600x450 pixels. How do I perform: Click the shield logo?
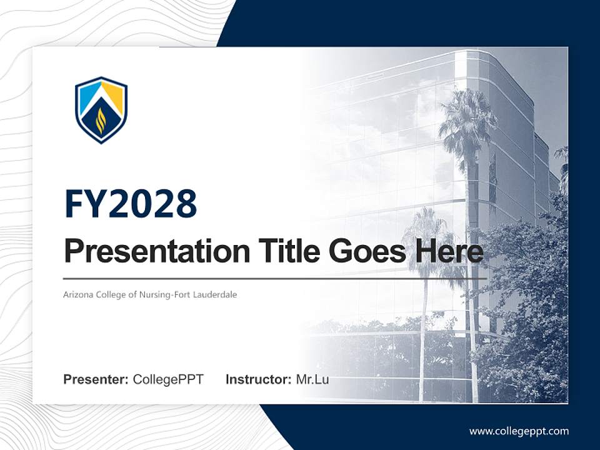click(x=101, y=109)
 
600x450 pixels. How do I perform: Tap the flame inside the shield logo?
click(x=101, y=121)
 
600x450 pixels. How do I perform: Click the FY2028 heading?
click(x=131, y=204)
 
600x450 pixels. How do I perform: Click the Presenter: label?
click(x=96, y=379)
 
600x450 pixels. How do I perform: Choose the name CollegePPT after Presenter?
click(x=168, y=379)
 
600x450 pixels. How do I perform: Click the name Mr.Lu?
click(x=312, y=379)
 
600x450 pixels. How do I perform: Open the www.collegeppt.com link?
click(x=519, y=431)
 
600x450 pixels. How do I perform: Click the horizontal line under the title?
click(x=275, y=278)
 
